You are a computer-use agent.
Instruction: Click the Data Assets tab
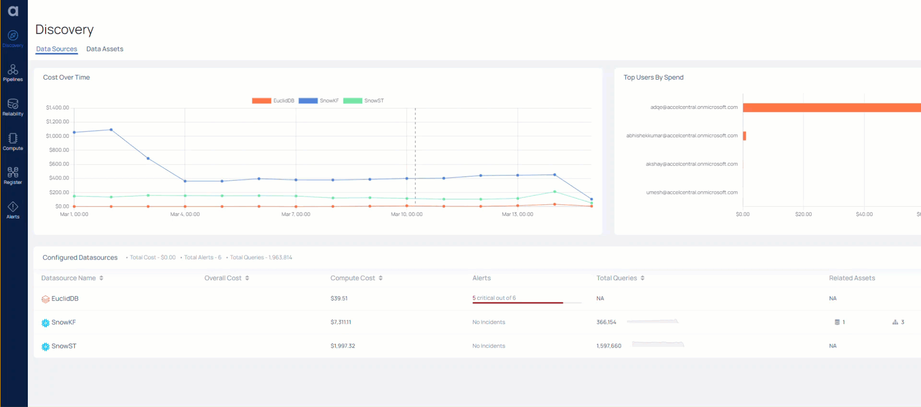click(105, 49)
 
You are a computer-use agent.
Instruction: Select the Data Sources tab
click(57, 49)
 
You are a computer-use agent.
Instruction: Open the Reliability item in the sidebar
click(13, 107)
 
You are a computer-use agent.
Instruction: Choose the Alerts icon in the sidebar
click(13, 210)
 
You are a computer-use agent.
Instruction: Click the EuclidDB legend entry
click(273, 101)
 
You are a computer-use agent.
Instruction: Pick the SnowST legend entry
click(364, 101)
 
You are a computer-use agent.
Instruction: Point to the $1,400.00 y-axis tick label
click(58, 108)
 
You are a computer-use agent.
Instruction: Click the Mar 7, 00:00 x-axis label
click(295, 214)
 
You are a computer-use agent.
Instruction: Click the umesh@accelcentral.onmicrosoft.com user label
click(692, 192)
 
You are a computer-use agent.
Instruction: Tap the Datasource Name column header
click(69, 278)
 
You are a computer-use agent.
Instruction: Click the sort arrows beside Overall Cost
click(247, 278)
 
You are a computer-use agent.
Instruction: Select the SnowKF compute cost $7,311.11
click(341, 322)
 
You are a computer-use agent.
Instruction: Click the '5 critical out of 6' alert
click(494, 298)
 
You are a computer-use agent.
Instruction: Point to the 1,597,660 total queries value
click(609, 346)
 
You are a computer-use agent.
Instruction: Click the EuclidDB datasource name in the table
click(65, 299)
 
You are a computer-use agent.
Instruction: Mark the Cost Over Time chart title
click(67, 77)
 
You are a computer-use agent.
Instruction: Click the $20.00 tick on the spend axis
click(803, 214)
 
